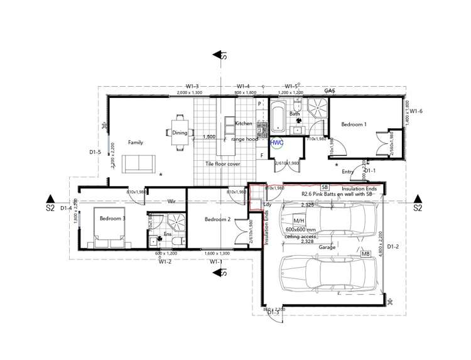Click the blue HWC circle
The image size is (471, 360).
point(277,143)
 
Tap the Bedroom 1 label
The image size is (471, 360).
point(354,124)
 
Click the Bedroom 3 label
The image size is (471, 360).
point(111,219)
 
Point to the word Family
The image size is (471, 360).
point(136,143)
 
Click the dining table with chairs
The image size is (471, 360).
point(180,133)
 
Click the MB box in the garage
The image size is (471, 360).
point(365,254)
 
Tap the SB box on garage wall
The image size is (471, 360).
point(325,187)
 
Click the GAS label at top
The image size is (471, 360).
point(329,91)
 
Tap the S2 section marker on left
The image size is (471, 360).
point(50,207)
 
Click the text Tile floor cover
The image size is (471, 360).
point(222,164)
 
